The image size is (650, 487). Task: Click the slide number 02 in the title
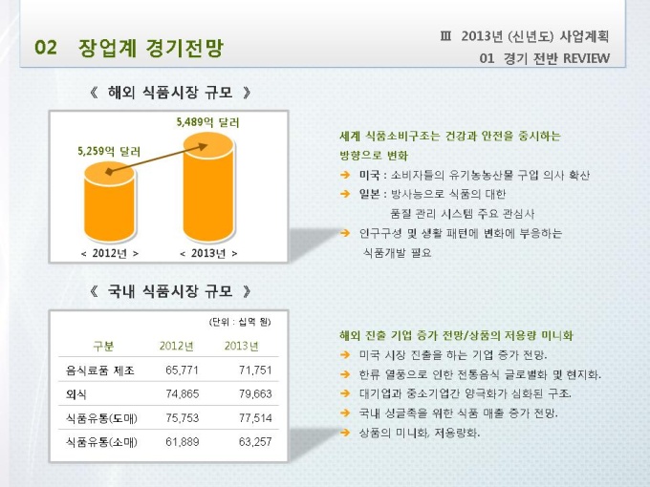pyautogui.click(x=46, y=47)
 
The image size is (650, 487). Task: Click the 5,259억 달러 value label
pyautogui.click(x=109, y=150)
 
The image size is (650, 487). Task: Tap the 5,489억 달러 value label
pyautogui.click(x=207, y=123)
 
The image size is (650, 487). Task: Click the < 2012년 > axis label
pyautogui.click(x=110, y=253)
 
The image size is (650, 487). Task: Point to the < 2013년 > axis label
pyautogui.click(x=208, y=253)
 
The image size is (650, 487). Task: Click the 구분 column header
pyautogui.click(x=103, y=346)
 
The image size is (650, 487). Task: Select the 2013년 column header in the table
pyautogui.click(x=241, y=346)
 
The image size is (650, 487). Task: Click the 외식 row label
pyautogui.click(x=76, y=393)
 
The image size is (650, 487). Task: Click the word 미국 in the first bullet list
pyautogui.click(x=369, y=175)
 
